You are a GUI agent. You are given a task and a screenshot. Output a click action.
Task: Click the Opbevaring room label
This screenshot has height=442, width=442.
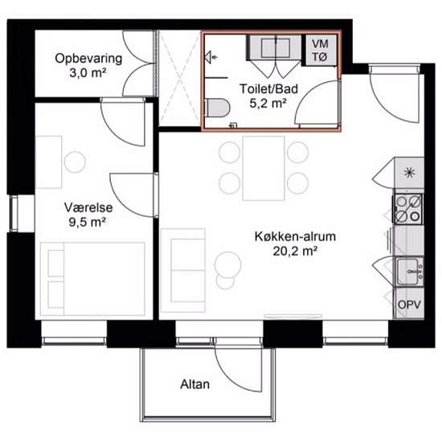(x=88, y=59)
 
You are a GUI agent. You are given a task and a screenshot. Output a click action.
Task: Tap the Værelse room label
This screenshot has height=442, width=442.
(x=88, y=208)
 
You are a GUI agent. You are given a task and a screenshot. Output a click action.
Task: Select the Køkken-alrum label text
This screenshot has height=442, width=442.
(x=295, y=236)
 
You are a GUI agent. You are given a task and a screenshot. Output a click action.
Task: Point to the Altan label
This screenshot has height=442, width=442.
(x=194, y=384)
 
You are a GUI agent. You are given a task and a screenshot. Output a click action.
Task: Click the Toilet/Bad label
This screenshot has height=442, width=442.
(x=268, y=88)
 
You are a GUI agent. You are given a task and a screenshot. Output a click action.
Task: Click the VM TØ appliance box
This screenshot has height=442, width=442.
(x=321, y=50)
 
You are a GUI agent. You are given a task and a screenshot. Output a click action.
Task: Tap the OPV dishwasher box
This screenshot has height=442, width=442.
(x=409, y=304)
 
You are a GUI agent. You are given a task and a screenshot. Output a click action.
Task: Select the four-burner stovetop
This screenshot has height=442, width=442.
(x=408, y=209)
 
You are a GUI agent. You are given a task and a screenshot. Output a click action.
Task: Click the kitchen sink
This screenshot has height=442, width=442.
(x=410, y=271)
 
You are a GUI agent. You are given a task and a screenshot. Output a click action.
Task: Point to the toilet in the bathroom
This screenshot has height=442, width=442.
(x=218, y=108)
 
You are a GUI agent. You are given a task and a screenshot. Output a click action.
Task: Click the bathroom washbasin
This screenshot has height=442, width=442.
(x=276, y=47)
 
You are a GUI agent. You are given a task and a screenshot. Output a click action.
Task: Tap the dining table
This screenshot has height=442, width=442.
(x=264, y=168)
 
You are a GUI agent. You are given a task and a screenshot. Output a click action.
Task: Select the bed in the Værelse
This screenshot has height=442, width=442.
(x=92, y=279)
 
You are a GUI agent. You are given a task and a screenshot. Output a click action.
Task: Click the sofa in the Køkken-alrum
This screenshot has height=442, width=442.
(x=183, y=270)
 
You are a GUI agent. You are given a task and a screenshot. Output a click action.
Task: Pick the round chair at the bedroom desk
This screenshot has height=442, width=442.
(x=75, y=162)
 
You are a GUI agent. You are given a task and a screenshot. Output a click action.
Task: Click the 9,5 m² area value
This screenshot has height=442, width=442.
(x=88, y=223)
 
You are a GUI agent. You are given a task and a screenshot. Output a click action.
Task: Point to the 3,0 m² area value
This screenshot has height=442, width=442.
(x=88, y=73)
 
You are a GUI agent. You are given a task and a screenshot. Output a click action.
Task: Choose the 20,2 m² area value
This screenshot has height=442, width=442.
(x=295, y=252)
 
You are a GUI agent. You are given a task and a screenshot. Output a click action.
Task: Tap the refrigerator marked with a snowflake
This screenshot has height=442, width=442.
(x=409, y=173)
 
